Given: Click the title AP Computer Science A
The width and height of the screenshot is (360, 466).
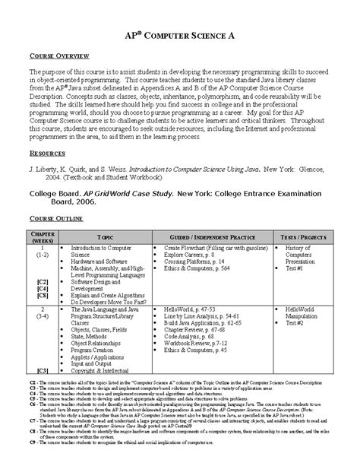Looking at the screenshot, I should coord(180,35).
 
